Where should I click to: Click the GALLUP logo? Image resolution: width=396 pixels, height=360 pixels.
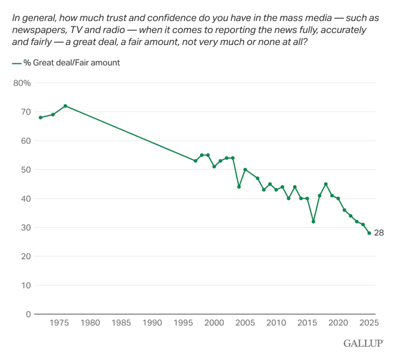pos(362,343)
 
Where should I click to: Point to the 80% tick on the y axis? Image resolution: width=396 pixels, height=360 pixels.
pos(22,83)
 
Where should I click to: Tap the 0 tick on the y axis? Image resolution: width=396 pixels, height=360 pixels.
pos(28,314)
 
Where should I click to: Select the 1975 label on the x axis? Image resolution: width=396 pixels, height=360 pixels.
pos(60,324)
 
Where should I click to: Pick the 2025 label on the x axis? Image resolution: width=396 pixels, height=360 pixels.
pos(369,324)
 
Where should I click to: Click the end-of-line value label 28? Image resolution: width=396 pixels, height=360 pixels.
pos(378,233)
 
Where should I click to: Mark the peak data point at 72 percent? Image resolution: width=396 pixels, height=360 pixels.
pos(65,106)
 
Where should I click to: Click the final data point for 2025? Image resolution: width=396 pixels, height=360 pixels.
pos(369,233)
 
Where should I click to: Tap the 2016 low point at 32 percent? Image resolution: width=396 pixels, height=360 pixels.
pos(313,222)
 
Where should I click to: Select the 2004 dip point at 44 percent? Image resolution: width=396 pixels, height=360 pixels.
pos(239,187)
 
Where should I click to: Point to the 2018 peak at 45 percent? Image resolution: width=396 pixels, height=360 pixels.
pos(326,184)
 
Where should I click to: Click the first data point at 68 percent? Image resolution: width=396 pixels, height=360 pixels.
pos(40,117)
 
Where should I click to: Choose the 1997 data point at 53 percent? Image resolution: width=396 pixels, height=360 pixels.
pos(196,161)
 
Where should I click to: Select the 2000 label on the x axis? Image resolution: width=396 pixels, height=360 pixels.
pos(214,324)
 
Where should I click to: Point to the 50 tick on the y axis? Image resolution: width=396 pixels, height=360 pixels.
pos(26,170)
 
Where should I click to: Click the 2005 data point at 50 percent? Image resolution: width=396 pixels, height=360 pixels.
pos(245,170)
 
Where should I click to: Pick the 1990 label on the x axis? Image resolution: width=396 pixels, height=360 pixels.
pos(152,324)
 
